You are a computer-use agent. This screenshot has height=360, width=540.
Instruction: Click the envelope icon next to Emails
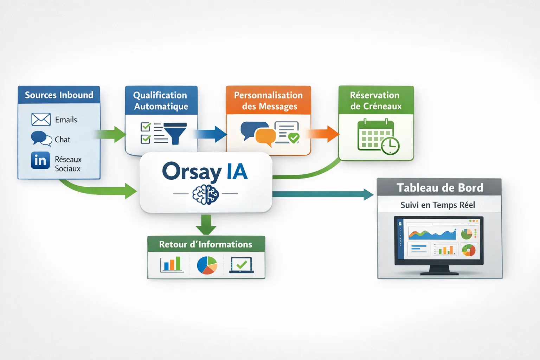pyautogui.click(x=41, y=120)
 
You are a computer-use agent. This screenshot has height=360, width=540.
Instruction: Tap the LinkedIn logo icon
pyautogui.click(x=40, y=160)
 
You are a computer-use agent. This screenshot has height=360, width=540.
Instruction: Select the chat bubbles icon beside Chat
pyautogui.click(x=41, y=139)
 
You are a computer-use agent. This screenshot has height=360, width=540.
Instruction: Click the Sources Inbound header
pyautogui.click(x=59, y=95)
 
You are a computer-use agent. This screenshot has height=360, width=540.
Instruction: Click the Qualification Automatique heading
pyautogui.click(x=161, y=101)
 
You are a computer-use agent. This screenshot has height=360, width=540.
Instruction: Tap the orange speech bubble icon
pyautogui.click(x=265, y=137)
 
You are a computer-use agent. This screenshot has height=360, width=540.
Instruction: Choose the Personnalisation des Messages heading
pyautogui.click(x=268, y=101)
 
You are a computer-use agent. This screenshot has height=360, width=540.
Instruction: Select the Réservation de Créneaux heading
pyautogui.click(x=375, y=101)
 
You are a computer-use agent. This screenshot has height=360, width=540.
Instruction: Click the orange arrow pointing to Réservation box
pyautogui.click(x=323, y=134)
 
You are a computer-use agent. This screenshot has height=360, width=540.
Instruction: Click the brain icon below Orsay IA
pyautogui.click(x=206, y=194)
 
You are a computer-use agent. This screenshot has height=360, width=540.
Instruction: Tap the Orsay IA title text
pyautogui.click(x=205, y=172)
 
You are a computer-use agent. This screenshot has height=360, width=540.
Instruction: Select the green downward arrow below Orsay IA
pyautogui.click(x=206, y=225)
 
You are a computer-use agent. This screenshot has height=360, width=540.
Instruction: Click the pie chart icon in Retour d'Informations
pyautogui.click(x=207, y=265)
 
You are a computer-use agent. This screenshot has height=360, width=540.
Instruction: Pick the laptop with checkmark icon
pyautogui.click(x=242, y=265)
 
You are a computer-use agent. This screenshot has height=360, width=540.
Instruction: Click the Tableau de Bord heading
pyautogui.click(x=439, y=188)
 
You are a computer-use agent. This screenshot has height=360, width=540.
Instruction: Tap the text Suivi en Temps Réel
pyautogui.click(x=438, y=205)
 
